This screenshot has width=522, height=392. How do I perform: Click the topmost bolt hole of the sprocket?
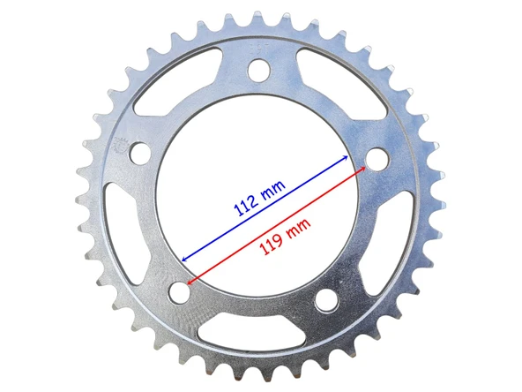coord(259,70)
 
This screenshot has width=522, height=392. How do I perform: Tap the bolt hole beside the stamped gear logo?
coord(139,153)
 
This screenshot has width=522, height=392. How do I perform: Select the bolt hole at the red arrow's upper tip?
coord(377,159)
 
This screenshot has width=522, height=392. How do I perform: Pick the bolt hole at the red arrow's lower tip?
coord(180,292)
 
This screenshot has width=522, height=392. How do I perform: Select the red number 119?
coord(272,244)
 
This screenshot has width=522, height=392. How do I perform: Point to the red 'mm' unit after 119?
coord(298,229)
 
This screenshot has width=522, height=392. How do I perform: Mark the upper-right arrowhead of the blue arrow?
coord(346,158)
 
